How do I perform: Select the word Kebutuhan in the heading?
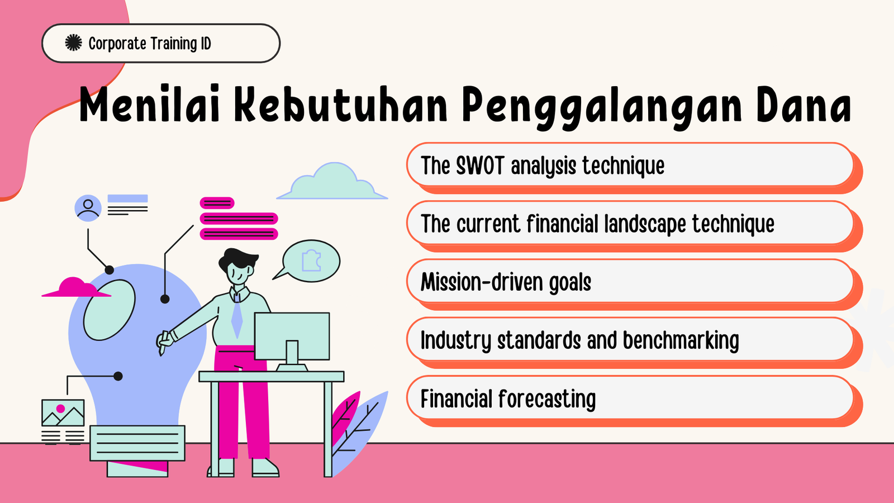[x=340, y=104]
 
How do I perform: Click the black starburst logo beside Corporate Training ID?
[x=73, y=42]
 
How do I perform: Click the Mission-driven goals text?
[x=506, y=282]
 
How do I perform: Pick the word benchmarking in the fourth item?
[x=681, y=340]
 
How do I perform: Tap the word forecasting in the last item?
[x=547, y=399]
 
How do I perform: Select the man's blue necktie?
[x=237, y=317]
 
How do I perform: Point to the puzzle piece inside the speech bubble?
[x=311, y=260]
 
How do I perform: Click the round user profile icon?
[x=88, y=208]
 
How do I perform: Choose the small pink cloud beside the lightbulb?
[x=76, y=287]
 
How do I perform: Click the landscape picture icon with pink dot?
[x=63, y=413]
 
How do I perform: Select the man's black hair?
[x=238, y=259]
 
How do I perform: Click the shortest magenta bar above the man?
[x=217, y=203]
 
